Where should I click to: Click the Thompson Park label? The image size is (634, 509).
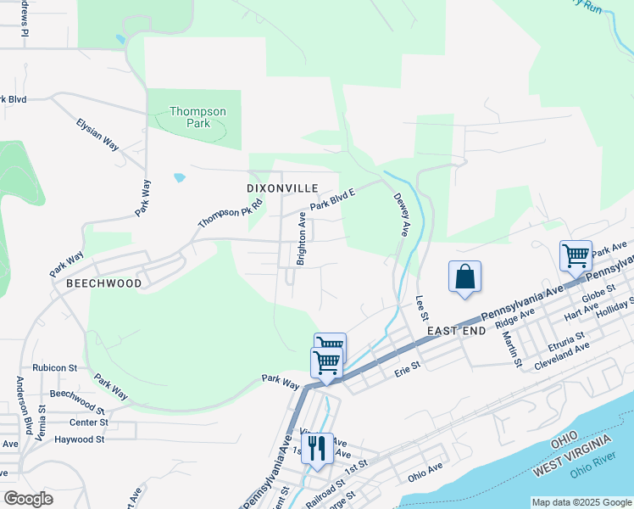pyautogui.click(x=197, y=117)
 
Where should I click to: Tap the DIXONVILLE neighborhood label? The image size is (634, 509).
pyautogui.click(x=282, y=187)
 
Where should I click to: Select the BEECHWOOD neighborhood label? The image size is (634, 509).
pyautogui.click(x=103, y=283)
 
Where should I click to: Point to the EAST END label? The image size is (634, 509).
pyautogui.click(x=456, y=330)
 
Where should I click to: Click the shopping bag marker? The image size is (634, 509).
pyautogui.click(x=465, y=277)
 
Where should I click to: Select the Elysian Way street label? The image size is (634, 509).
pyautogui.click(x=97, y=133)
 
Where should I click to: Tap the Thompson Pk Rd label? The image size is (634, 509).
pyautogui.click(x=220, y=210)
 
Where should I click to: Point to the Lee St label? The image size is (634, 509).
pyautogui.click(x=421, y=309)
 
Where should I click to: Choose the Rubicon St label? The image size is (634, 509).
pyautogui.click(x=55, y=368)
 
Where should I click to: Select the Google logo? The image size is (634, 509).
pyautogui.click(x=28, y=498)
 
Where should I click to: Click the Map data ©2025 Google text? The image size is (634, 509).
pyautogui.click(x=581, y=502)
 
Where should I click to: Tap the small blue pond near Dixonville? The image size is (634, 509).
pyautogui.click(x=179, y=178)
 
